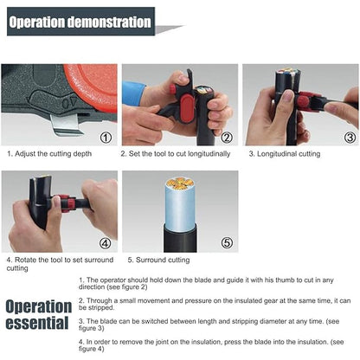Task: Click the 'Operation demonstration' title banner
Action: tap(80, 22)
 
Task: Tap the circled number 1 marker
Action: tap(106, 136)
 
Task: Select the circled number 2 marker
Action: tap(227, 136)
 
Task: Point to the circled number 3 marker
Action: tap(350, 136)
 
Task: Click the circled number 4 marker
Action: tap(106, 243)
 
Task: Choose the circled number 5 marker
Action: tap(227, 243)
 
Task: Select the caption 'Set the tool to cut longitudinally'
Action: tap(179, 154)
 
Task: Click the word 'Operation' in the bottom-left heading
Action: tap(39, 306)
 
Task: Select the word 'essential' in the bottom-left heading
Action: tap(36, 324)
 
